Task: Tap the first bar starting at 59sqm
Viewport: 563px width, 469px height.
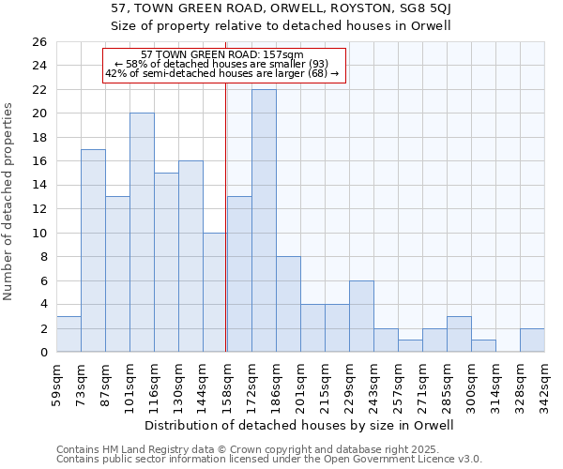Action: (x=68, y=334)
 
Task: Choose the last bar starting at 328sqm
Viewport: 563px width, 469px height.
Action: (x=532, y=340)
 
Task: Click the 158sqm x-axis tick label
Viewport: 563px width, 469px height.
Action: (x=227, y=385)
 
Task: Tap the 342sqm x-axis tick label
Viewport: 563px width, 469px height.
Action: (x=544, y=385)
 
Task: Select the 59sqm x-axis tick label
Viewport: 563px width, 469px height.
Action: (x=56, y=385)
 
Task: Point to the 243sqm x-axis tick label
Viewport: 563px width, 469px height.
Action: (x=373, y=385)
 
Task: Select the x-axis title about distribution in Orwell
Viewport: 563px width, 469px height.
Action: (x=300, y=425)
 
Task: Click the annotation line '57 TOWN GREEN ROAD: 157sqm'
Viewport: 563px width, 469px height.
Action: (x=221, y=54)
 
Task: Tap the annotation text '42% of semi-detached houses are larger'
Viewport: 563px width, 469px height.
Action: (x=221, y=73)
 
